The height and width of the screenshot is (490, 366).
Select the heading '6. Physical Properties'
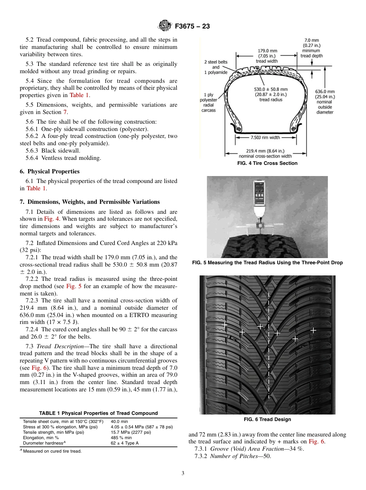(x=50, y=171)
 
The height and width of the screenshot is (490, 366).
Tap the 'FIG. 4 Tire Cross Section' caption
(x=267, y=163)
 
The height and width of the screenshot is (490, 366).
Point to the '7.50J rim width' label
(x=265, y=137)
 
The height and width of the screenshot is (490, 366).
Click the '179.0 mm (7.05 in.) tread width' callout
(x=267, y=56)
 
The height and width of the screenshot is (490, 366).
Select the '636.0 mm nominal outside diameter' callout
(x=325, y=102)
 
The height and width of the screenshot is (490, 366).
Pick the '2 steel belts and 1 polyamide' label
(x=216, y=67)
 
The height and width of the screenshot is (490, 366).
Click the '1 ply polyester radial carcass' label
(x=208, y=102)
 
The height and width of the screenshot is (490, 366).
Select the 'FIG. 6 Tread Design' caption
(x=267, y=419)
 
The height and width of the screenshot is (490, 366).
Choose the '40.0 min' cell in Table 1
(x=119, y=422)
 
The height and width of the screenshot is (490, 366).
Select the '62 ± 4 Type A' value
(x=125, y=443)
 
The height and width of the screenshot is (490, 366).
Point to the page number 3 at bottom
(x=183, y=473)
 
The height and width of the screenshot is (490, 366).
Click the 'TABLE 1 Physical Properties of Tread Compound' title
(x=99, y=413)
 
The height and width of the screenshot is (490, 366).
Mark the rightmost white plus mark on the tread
(x=313, y=330)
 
